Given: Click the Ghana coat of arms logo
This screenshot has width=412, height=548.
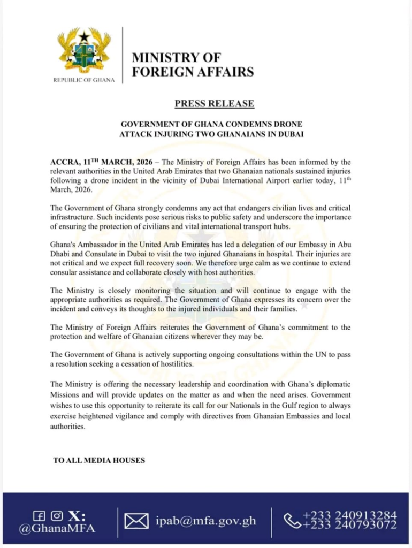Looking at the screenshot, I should tap(84, 50).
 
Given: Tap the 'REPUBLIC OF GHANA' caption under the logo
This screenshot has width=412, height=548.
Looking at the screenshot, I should tap(84, 80).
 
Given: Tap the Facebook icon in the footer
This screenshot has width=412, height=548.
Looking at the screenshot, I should tap(39, 516).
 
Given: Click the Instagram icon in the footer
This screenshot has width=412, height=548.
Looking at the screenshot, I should tap(56, 516).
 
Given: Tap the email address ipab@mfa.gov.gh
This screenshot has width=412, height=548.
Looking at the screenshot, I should tap(207, 521).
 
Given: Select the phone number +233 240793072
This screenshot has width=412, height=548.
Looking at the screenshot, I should tap(350, 526).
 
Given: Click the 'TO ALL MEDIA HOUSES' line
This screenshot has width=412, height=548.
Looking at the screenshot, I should tap(99, 460).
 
